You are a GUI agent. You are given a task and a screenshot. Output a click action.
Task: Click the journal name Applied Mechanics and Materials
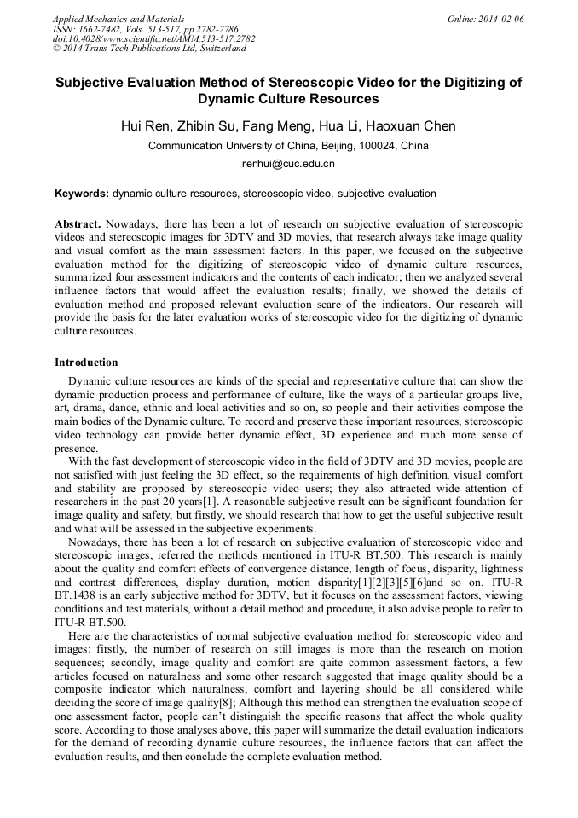pyautogui.click(x=118, y=19)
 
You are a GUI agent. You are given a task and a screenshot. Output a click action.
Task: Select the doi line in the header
pyautogui.click(x=153, y=38)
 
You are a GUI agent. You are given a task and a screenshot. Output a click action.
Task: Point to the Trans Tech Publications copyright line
pyautogui.click(x=149, y=49)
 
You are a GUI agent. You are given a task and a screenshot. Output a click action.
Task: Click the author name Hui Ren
pyautogui.click(x=148, y=126)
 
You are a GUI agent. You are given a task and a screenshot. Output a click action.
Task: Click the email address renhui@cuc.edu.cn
pyautogui.click(x=288, y=163)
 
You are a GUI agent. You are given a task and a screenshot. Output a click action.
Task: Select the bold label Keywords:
pyautogui.click(x=82, y=194)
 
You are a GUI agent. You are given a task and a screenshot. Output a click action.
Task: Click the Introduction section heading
pyautogui.click(x=86, y=363)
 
